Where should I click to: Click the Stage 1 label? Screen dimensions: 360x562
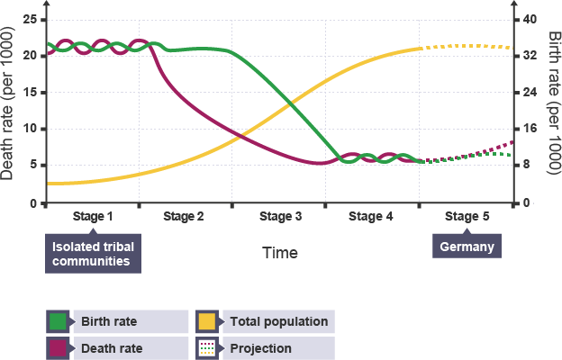(93, 217)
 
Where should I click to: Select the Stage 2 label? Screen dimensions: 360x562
(184, 217)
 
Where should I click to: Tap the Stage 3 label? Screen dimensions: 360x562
(280, 217)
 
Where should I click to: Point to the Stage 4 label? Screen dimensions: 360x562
(371, 217)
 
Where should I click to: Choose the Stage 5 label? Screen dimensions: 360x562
(467, 217)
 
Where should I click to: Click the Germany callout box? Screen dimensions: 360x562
(467, 247)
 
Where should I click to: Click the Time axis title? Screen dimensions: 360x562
(280, 254)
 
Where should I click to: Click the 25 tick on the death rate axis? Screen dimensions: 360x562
(31, 19)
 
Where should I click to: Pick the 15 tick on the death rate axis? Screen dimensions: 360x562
(31, 93)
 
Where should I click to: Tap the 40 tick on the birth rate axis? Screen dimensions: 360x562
(530, 19)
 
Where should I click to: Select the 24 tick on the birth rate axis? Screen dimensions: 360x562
(530, 93)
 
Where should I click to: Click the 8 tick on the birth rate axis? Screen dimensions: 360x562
(527, 166)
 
